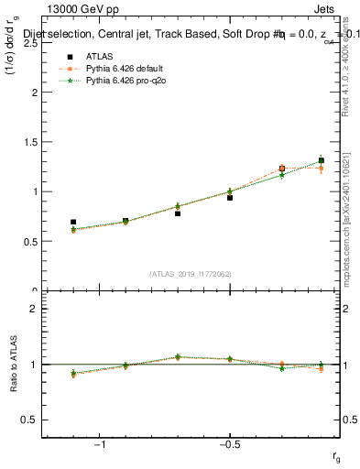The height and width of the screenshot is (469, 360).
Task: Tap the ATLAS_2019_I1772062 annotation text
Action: tap(191, 273)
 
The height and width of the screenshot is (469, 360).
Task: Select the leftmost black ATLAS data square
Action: tap(73, 222)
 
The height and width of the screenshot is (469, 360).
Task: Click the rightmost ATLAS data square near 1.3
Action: tap(321, 160)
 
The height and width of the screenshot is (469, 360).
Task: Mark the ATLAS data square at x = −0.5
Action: tap(230, 197)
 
